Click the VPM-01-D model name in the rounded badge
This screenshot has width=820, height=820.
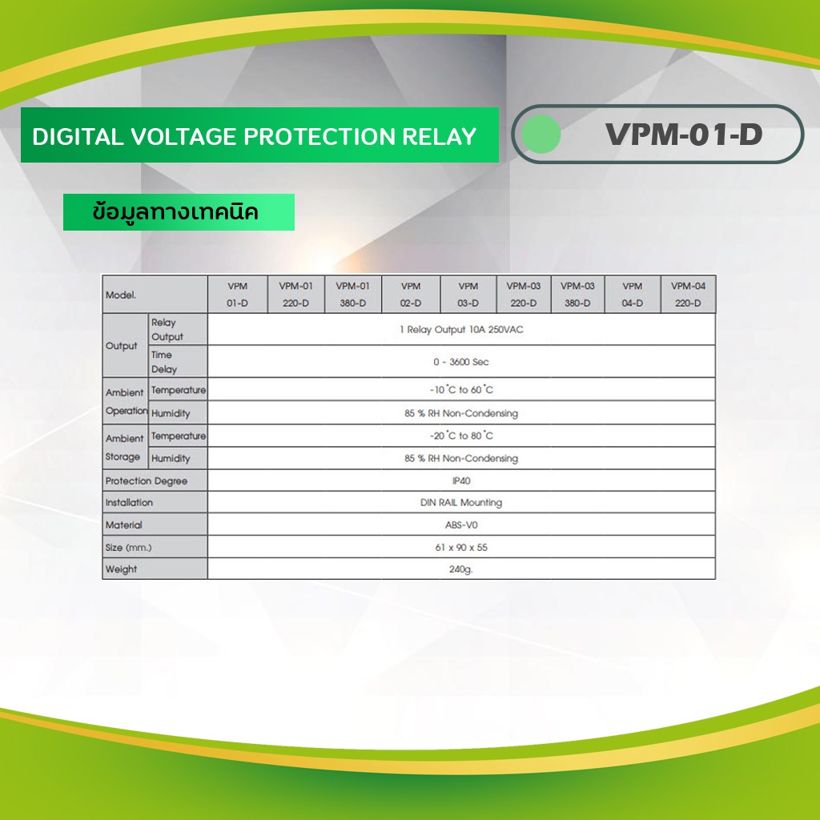tap(684, 135)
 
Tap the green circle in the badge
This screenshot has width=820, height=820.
tap(541, 135)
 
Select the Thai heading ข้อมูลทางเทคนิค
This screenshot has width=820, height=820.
tap(175, 212)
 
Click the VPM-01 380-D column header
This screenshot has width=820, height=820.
tap(353, 295)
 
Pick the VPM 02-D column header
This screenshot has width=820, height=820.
tap(411, 295)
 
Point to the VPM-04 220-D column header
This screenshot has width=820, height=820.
tap(688, 295)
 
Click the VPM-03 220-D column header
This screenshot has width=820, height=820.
tap(524, 295)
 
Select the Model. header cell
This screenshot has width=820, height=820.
tap(121, 295)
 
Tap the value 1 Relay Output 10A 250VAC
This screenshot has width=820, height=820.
tap(461, 329)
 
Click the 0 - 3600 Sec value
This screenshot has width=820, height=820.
tap(461, 362)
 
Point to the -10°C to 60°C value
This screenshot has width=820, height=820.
tap(461, 390)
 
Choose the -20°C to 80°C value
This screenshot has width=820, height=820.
tap(461, 436)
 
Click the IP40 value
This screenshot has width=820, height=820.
tap(461, 480)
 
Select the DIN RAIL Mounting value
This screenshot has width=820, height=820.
tap(461, 503)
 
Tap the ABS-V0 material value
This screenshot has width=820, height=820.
tap(461, 525)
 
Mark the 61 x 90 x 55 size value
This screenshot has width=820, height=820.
tap(461, 548)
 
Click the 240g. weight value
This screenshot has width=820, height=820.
tap(460, 569)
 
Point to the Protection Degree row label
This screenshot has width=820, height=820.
tap(147, 481)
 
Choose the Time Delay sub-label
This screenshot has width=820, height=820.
tap(164, 362)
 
